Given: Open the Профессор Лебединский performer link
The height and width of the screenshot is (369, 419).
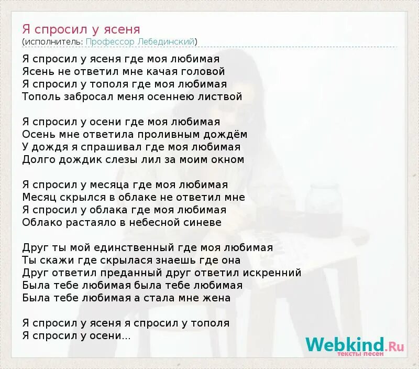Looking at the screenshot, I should pyautogui.click(x=140, y=41).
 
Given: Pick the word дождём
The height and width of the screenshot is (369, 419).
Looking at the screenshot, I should pyautogui.click(x=228, y=134).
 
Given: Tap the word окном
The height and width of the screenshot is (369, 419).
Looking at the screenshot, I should pyautogui.click(x=226, y=159).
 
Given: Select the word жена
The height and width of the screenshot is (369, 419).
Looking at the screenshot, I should pyautogui.click(x=219, y=298).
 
